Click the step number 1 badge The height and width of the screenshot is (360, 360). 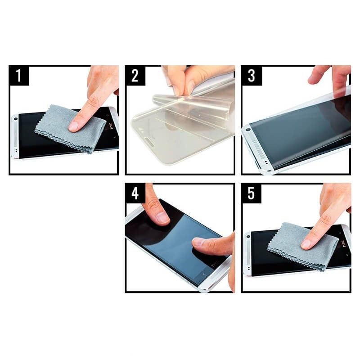coord(19,75)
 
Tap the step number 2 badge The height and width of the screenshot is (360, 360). coord(135,75)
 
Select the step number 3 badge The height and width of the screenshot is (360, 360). coord(252,75)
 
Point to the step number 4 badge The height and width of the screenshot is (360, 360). coord(135,193)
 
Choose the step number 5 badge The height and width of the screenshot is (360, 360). coord(251,193)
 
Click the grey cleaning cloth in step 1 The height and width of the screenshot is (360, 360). coord(69,129)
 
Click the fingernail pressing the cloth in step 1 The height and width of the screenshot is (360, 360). coord(73,126)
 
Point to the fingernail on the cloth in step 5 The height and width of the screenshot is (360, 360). coord(306,244)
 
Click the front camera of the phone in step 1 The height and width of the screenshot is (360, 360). coord(16,119)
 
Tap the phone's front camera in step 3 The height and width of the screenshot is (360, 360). coord(248,130)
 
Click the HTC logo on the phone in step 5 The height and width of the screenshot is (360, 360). coord(344,243)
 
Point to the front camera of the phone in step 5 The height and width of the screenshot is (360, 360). coord(248,236)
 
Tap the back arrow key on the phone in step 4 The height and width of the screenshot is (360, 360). coord(204,274)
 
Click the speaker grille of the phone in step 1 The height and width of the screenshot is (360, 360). coord(16,135)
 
